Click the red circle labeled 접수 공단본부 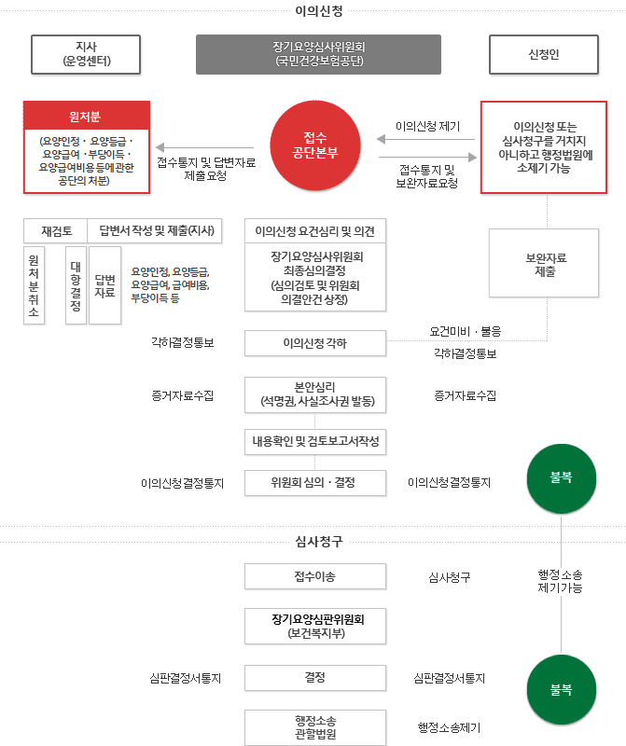pyautogui.click(x=314, y=145)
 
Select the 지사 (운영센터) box pyautogui.click(x=86, y=55)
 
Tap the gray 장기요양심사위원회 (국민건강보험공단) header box pyautogui.click(x=318, y=55)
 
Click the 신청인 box pyautogui.click(x=543, y=55)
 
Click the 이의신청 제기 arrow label pyautogui.click(x=427, y=126)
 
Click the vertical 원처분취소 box pyautogui.click(x=34, y=285)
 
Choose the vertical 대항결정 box pyautogui.click(x=77, y=285)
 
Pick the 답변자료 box pyautogui.click(x=104, y=285)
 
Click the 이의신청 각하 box pyautogui.click(x=314, y=343)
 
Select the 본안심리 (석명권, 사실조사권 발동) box pyautogui.click(x=314, y=394)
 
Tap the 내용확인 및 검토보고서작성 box pyautogui.click(x=314, y=440)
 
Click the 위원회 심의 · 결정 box pyautogui.click(x=314, y=483)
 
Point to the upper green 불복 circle pyautogui.click(x=561, y=476)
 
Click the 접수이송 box pyautogui.click(x=314, y=576)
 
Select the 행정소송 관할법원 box pyautogui.click(x=314, y=726)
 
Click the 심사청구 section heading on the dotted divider pyautogui.click(x=313, y=542)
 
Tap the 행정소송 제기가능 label pyautogui.click(x=560, y=582)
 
